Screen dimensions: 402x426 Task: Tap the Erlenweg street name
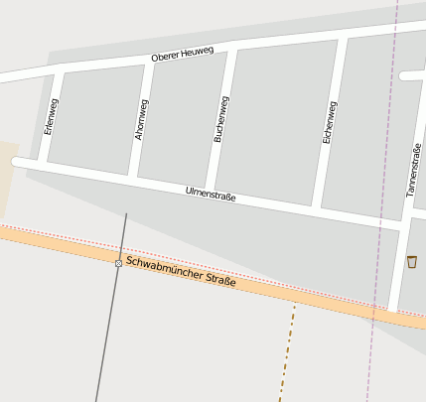coord(52,117)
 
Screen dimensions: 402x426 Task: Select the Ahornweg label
coord(141,118)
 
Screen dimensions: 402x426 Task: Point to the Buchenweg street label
coord(221,119)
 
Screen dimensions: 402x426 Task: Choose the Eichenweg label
coord(329,123)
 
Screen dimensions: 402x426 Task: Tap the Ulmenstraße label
coord(211,194)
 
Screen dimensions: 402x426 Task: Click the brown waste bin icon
coord(411,261)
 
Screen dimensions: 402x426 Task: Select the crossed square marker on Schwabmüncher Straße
coord(118,262)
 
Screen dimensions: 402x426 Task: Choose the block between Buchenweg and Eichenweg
coord(276,121)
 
